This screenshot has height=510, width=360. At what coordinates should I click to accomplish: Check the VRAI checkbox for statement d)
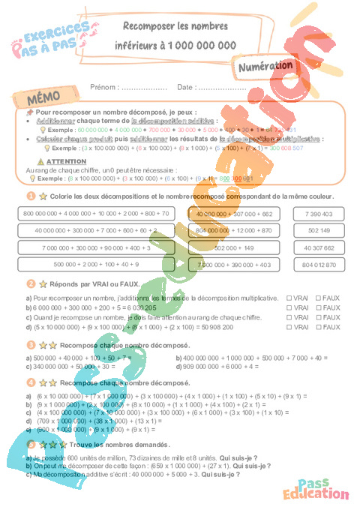(x=289, y=327)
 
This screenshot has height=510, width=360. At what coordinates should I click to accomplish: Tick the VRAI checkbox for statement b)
(x=289, y=307)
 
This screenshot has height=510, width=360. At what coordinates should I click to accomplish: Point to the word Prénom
(x=103, y=87)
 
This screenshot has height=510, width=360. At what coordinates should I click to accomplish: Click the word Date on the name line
(x=185, y=87)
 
